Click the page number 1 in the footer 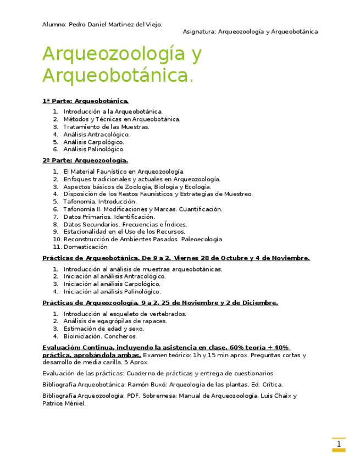[339, 444]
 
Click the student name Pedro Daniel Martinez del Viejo [115, 24]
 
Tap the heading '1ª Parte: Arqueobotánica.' [85, 101]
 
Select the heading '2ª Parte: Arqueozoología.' [85, 160]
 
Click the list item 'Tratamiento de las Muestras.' [106, 126]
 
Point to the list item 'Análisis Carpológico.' [93, 142]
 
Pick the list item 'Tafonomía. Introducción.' [100, 202]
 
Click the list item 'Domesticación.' [86, 247]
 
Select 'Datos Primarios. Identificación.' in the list [109, 217]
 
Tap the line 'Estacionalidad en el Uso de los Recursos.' [124, 232]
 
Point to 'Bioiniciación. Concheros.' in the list [100, 336]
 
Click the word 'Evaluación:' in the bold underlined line [61, 347]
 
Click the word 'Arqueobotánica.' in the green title [118, 75]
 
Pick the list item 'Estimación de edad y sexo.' [103, 329]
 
